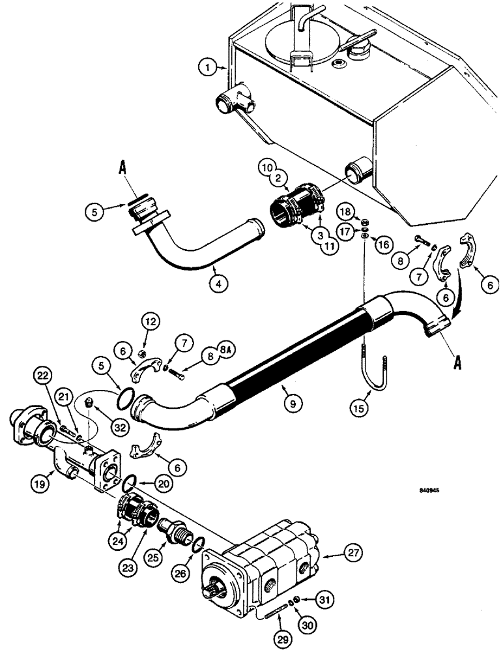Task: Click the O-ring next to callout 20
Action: [x=130, y=483]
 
